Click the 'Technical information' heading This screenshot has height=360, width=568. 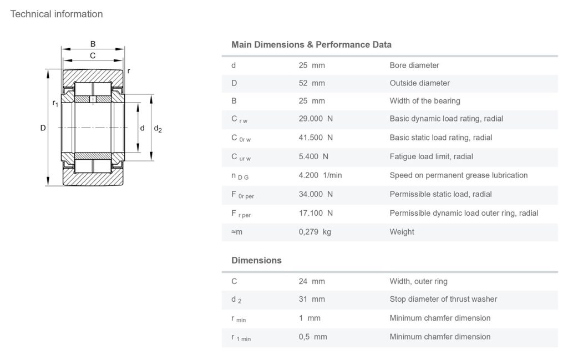click(57, 14)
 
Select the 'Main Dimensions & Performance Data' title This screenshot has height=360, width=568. click(311, 44)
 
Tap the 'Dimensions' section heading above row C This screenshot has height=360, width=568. click(256, 260)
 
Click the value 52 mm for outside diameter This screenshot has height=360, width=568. click(312, 83)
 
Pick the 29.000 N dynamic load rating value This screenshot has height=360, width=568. click(316, 119)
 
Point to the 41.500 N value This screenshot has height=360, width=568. click(316, 138)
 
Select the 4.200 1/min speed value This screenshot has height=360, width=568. click(320, 175)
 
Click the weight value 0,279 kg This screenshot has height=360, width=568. click(315, 232)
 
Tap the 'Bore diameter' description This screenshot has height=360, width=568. click(414, 65)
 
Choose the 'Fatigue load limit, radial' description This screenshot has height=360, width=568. click(431, 156)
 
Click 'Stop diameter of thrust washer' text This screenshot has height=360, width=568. click(443, 299)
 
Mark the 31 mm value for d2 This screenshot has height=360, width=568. click(312, 299)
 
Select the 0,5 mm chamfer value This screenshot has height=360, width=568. click(313, 337)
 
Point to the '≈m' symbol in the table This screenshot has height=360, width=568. click(237, 232)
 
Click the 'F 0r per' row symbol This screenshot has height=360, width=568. click(242, 195)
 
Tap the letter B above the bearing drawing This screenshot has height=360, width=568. click(93, 44)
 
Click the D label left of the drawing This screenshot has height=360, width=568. click(43, 128)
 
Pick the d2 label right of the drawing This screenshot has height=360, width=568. click(158, 129)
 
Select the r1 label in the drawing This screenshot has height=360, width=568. click(55, 103)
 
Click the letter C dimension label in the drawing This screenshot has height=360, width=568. click(93, 55)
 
